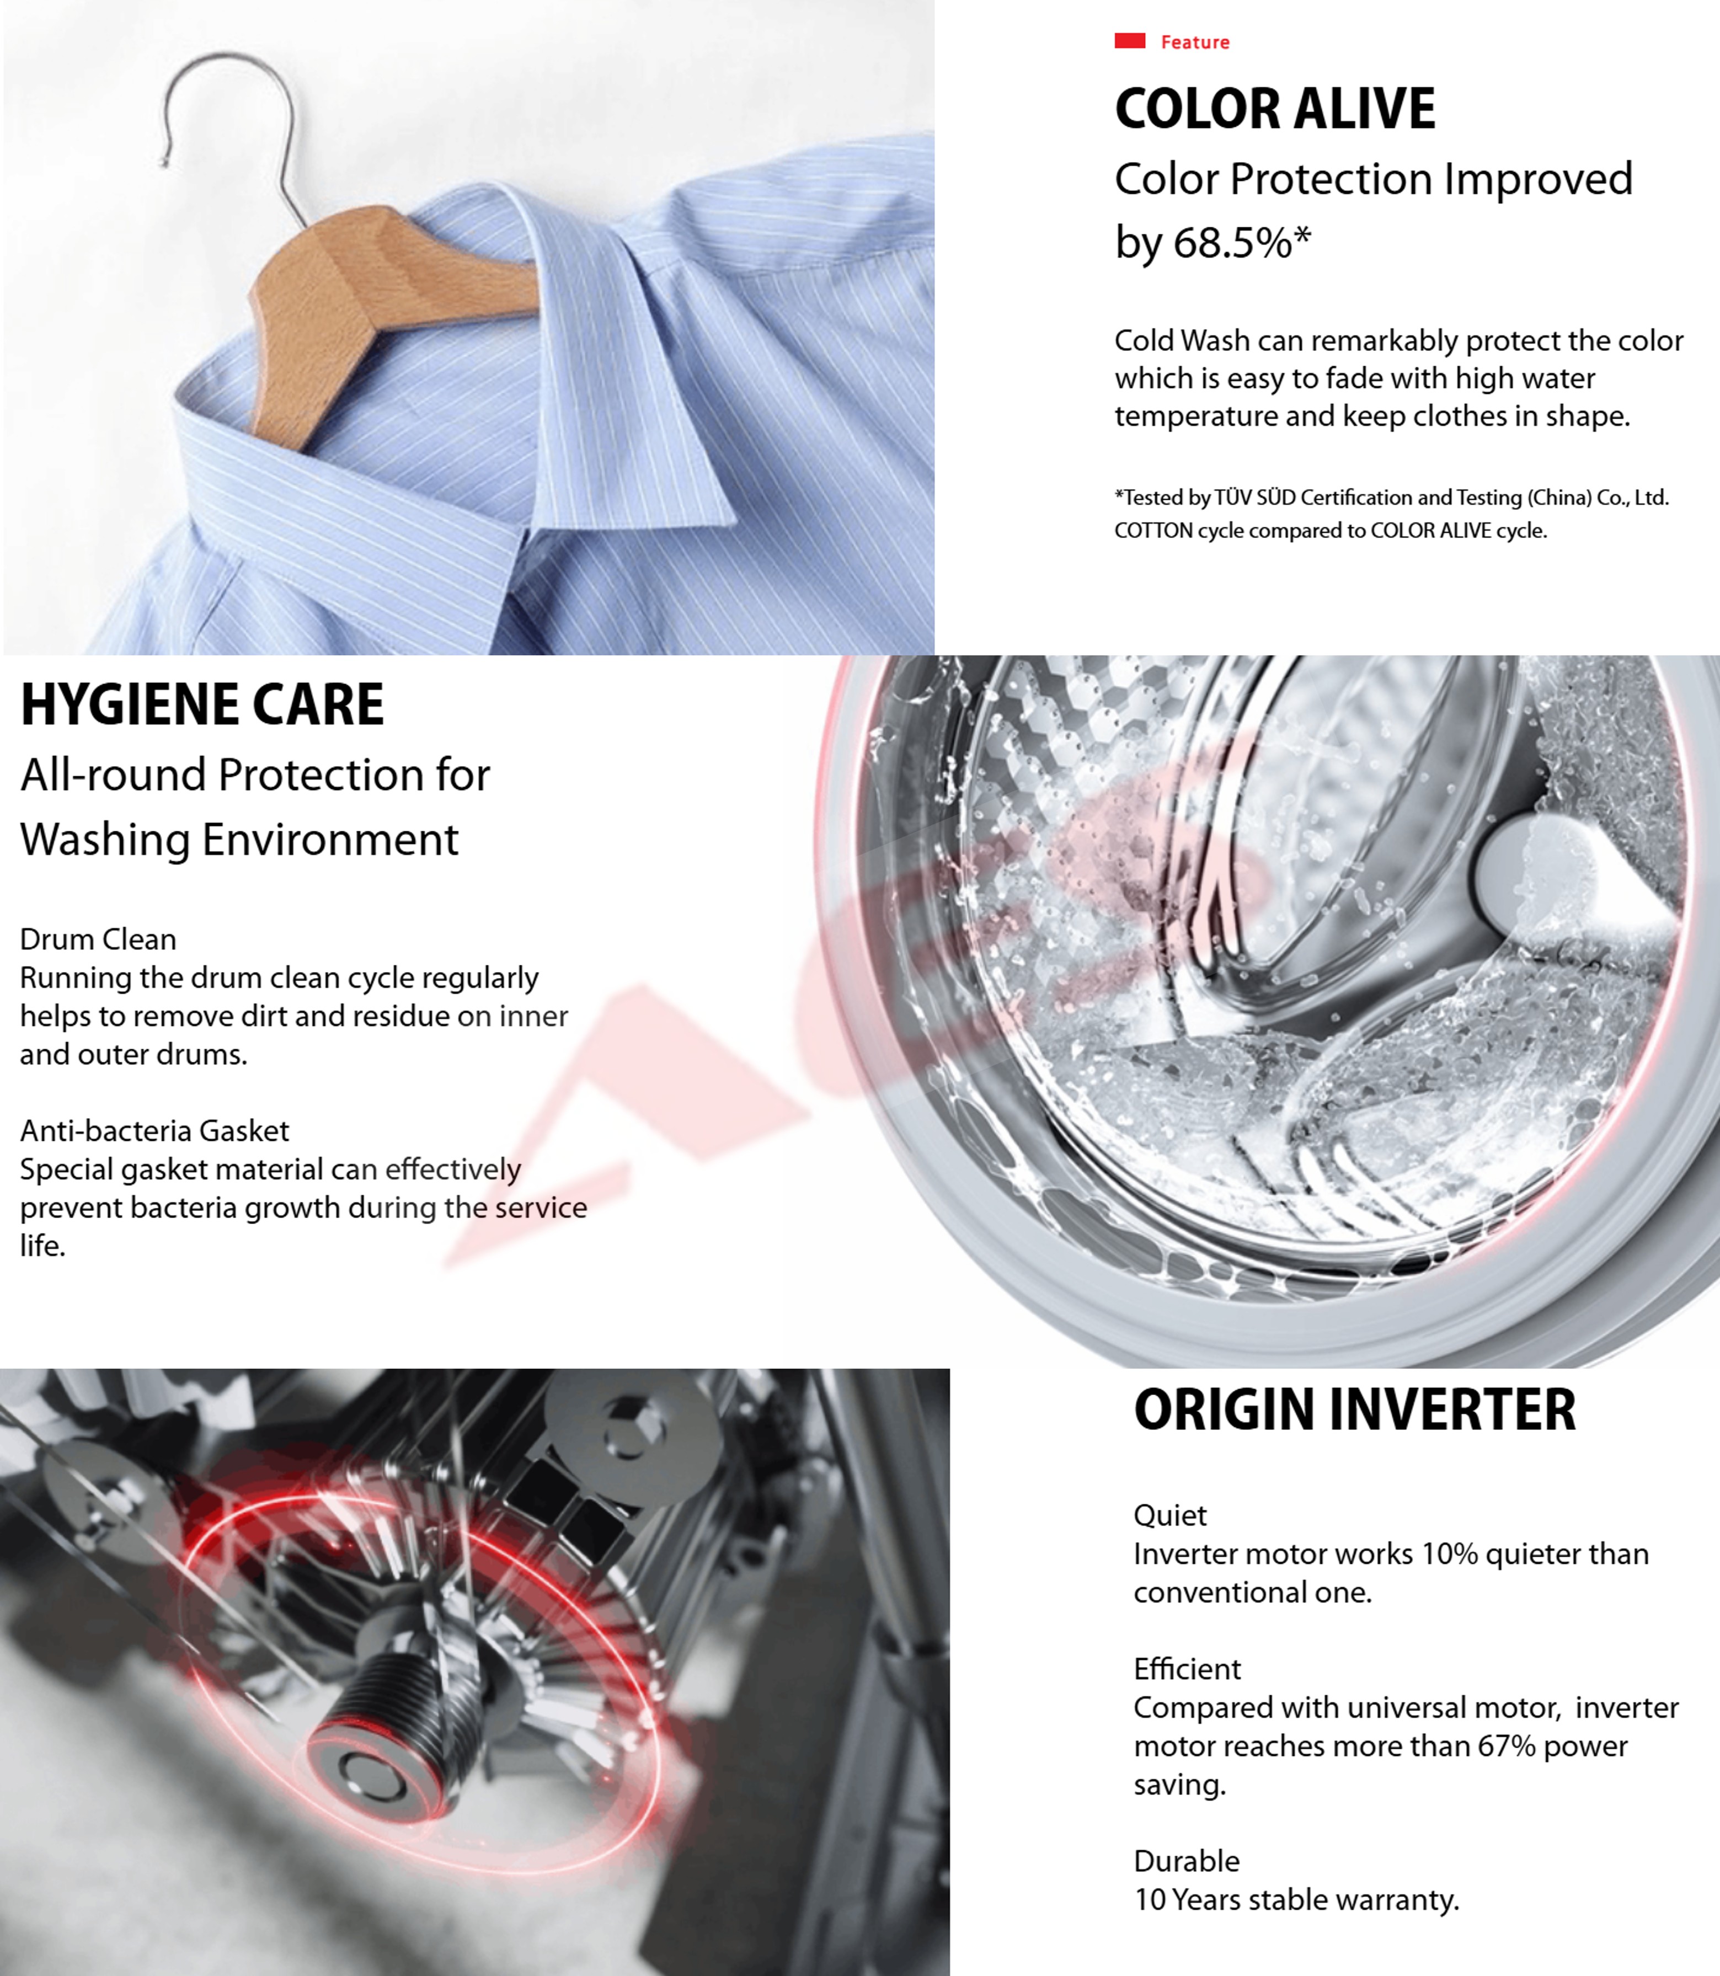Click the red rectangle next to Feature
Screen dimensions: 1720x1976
point(1130,40)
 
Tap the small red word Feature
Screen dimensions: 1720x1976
point(1195,42)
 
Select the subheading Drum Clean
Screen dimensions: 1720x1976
point(98,938)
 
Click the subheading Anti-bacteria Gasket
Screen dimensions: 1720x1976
point(154,1130)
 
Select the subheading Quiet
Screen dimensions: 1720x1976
point(1170,1515)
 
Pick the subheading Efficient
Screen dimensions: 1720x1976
point(1187,1669)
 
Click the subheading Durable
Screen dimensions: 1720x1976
point(1187,1861)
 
